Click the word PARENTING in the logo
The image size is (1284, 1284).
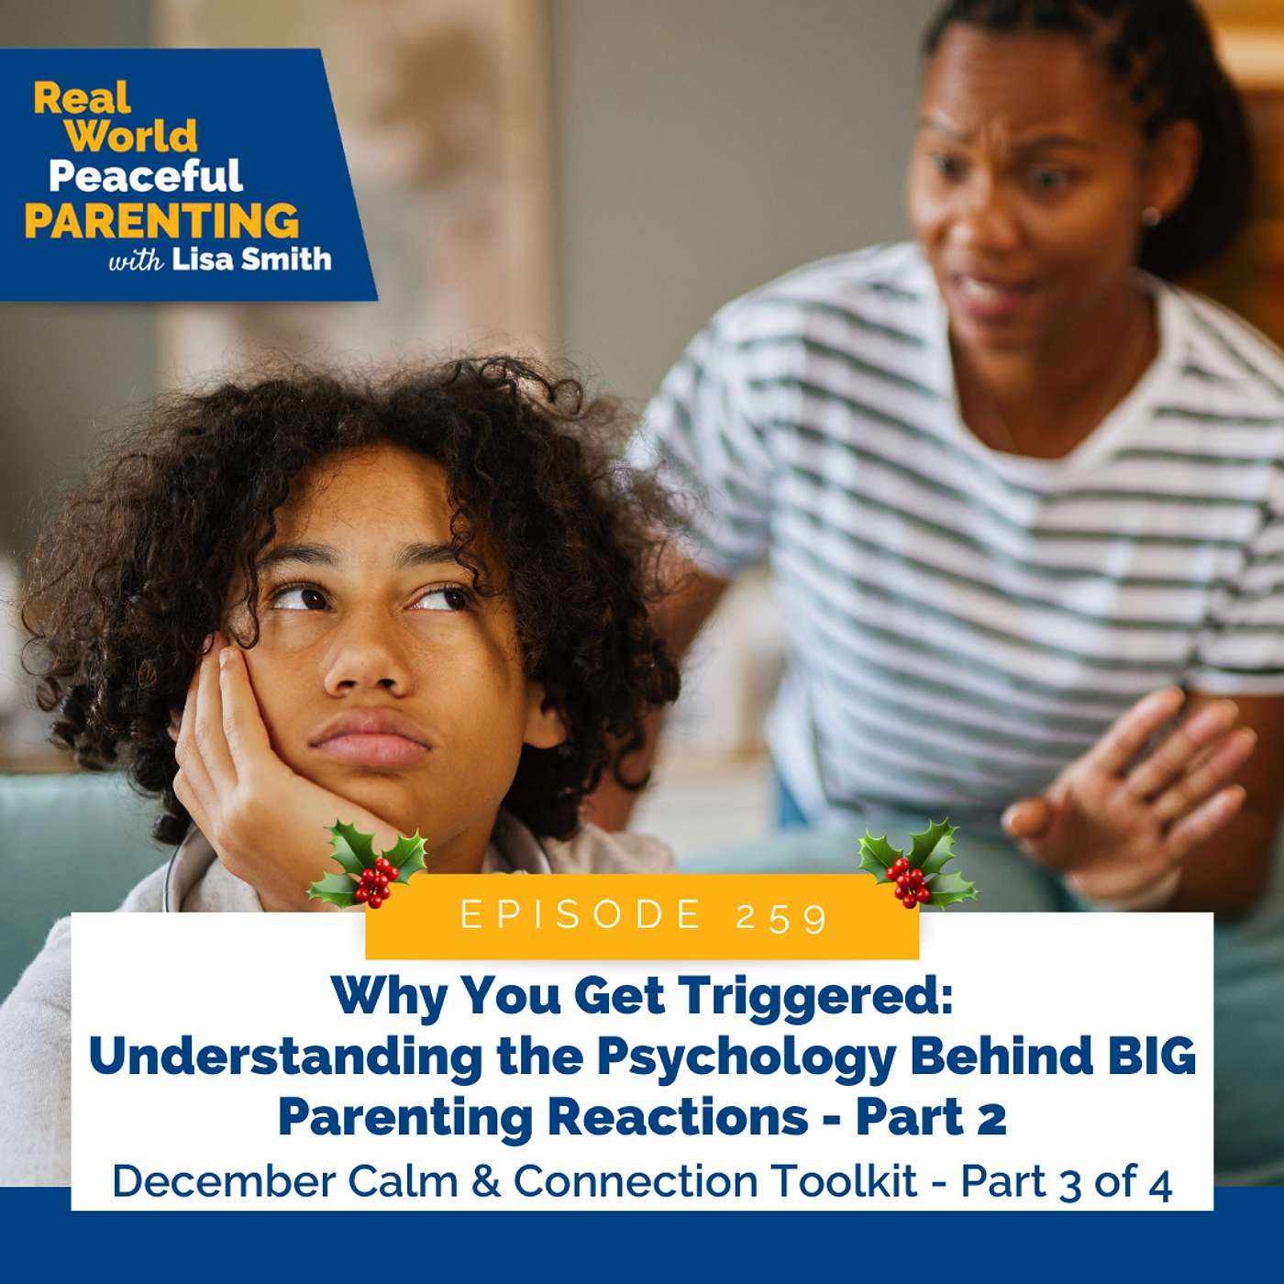point(161,220)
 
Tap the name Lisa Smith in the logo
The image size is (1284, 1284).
point(251,260)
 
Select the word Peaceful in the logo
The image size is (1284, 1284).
point(145,175)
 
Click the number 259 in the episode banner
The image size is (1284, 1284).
point(782,916)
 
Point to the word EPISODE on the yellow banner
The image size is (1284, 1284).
point(581,915)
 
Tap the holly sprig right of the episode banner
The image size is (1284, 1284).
point(915,864)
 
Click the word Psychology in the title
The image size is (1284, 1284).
point(746,1057)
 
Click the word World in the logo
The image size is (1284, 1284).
point(132,136)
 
